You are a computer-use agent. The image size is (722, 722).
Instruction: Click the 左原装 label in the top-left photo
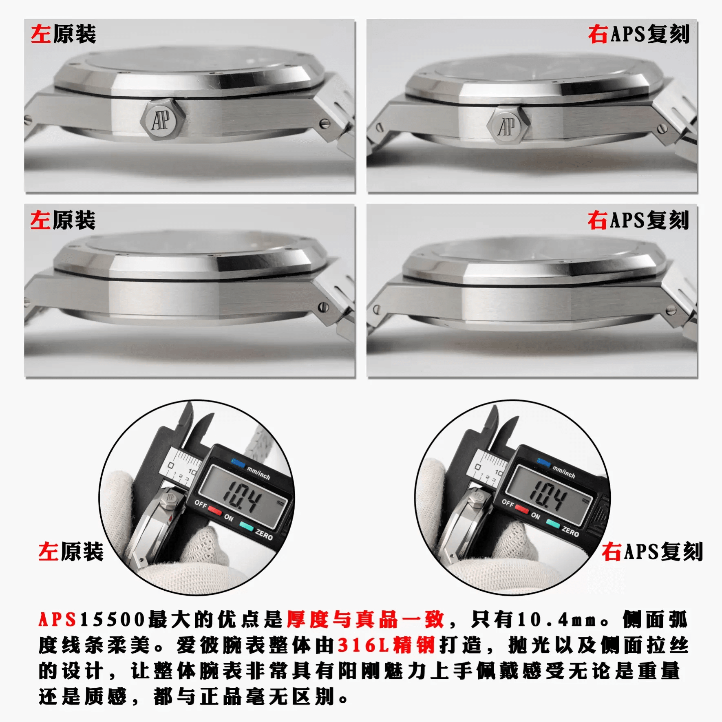(x=64, y=34)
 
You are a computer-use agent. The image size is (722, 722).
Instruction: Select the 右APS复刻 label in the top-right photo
(x=638, y=34)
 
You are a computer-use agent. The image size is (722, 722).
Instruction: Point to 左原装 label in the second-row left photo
(x=63, y=220)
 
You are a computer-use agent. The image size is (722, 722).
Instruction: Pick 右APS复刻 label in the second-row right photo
(x=638, y=220)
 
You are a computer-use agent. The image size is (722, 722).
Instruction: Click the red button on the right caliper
(x=521, y=509)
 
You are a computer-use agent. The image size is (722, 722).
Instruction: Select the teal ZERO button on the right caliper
(x=552, y=523)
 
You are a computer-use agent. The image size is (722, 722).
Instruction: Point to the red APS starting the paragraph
(x=57, y=619)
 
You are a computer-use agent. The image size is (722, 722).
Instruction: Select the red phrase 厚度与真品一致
(x=365, y=619)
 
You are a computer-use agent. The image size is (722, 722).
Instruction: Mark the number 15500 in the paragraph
(x=113, y=619)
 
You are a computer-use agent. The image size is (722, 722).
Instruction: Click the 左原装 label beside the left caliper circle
(x=71, y=552)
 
